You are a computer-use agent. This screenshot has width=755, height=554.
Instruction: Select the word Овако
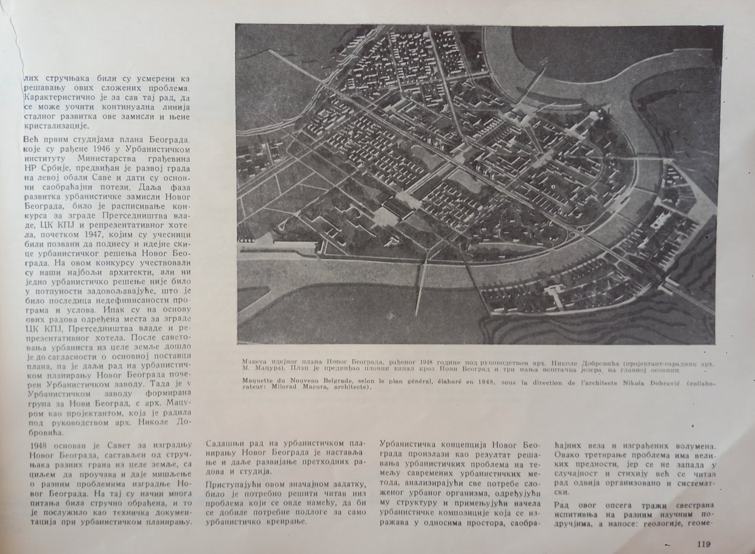569,456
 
